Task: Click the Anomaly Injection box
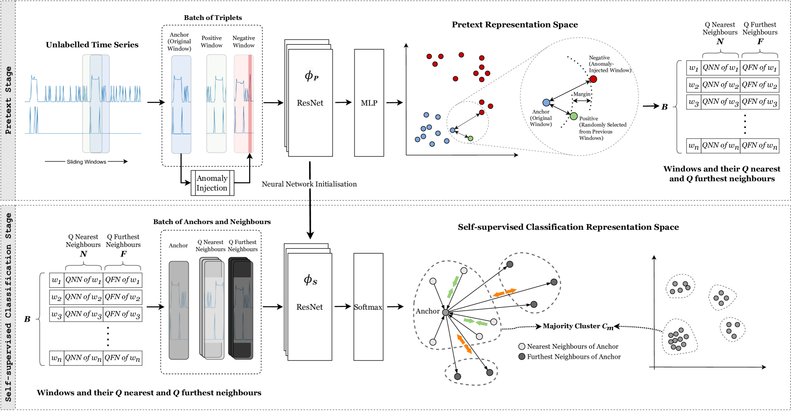tap(212, 183)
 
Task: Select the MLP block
tap(369, 103)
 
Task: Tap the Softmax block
tap(368, 307)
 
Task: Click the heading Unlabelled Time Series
tap(92, 45)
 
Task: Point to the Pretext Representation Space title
tap(515, 25)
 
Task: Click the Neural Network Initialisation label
tap(309, 184)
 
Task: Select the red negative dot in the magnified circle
tap(593, 79)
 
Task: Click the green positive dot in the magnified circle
tap(574, 116)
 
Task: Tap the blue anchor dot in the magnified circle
tap(546, 102)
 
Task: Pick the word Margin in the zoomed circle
tap(581, 94)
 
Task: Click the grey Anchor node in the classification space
tap(445, 313)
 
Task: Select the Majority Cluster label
tap(578, 326)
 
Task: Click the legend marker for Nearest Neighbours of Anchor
tap(522, 346)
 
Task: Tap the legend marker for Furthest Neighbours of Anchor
tap(522, 356)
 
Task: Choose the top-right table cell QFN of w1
tap(760, 68)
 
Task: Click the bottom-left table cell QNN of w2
tap(83, 297)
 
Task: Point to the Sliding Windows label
tap(86, 162)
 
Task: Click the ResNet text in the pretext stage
tap(310, 103)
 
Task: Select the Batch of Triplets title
tap(213, 18)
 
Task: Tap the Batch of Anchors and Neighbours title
tap(212, 222)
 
